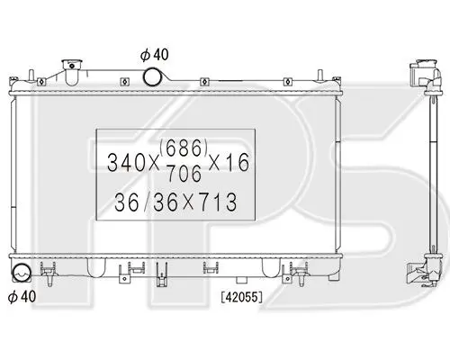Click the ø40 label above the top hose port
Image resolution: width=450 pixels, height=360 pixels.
tap(155, 55)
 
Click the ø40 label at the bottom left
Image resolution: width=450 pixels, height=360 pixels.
tap(22, 296)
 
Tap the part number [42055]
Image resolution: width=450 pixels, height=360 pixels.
tap(242, 297)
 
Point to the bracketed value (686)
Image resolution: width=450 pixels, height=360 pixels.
tap(184, 148)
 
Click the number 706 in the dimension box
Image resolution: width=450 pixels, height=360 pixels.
tap(184, 174)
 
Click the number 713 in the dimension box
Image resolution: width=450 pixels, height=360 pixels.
tap(217, 202)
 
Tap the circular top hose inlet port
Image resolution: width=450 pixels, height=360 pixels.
tap(152, 76)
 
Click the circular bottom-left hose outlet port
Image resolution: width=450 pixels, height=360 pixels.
tap(21, 273)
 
